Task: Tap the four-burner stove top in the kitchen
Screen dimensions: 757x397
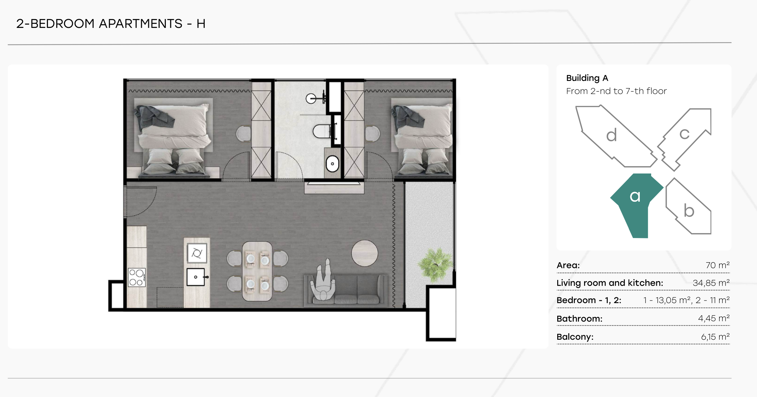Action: (x=137, y=278)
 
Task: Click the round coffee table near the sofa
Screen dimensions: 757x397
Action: (x=365, y=253)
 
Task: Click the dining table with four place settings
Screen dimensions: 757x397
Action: (x=257, y=271)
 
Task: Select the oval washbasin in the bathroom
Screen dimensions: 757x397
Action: (x=332, y=164)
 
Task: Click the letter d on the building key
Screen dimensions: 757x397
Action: (x=612, y=135)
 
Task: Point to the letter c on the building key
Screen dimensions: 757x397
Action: (x=684, y=134)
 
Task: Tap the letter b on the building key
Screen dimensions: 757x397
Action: (x=689, y=210)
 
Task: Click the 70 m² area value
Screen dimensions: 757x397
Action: (x=717, y=265)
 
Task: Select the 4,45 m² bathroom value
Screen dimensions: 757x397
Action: (x=714, y=318)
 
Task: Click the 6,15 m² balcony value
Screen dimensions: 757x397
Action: (x=715, y=337)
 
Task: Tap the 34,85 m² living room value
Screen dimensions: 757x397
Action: (x=711, y=283)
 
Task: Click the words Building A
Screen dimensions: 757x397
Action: (x=587, y=78)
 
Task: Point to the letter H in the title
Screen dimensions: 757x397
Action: (x=201, y=24)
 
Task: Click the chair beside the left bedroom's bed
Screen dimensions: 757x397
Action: (x=243, y=133)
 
